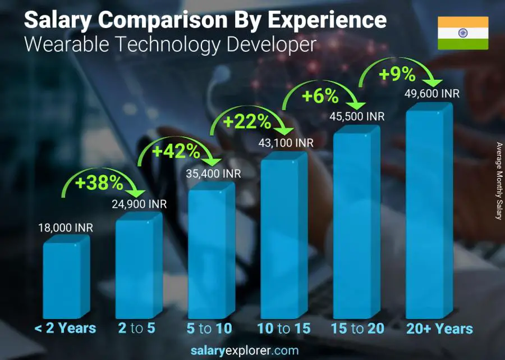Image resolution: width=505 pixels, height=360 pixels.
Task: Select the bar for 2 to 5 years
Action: tap(137, 267)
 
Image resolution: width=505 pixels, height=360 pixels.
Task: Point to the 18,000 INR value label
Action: tap(66, 227)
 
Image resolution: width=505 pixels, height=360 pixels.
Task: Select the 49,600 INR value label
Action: tap(431, 93)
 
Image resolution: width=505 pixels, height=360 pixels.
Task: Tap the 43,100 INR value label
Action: tap(286, 143)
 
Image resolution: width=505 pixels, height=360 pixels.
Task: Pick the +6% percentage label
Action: tap(320, 97)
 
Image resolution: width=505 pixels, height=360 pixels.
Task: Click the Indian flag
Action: tap(462, 33)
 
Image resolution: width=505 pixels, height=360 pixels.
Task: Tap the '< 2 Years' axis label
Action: tap(65, 329)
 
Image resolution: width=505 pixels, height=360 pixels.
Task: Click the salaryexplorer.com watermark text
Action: tap(252, 351)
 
